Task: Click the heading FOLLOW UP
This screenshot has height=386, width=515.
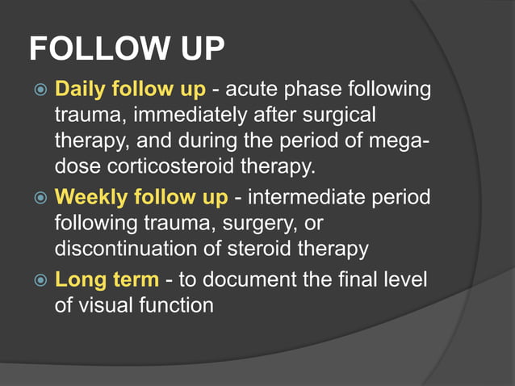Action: click(127, 49)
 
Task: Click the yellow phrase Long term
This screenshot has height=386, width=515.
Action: click(107, 281)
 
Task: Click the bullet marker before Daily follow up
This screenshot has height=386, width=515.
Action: click(39, 89)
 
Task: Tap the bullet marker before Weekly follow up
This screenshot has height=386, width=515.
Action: click(39, 197)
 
